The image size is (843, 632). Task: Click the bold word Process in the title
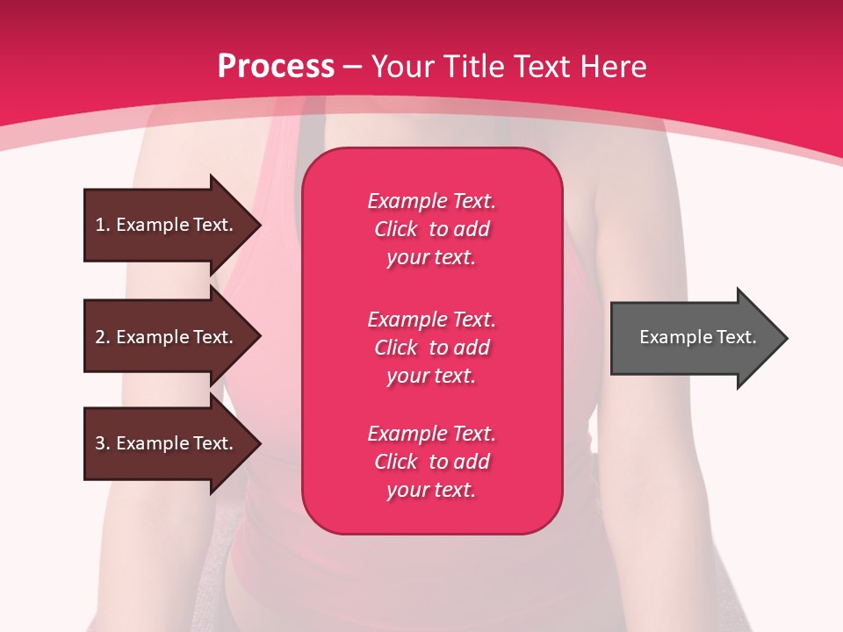click(x=276, y=67)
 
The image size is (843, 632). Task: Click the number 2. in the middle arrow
click(x=103, y=337)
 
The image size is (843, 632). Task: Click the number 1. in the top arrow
click(x=103, y=225)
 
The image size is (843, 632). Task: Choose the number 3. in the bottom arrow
click(x=103, y=443)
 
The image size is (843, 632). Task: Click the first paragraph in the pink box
click(x=431, y=229)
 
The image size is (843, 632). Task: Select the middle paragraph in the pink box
click(x=431, y=348)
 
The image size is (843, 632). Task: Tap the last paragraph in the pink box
click(x=431, y=462)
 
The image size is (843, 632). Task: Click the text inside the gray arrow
click(x=697, y=337)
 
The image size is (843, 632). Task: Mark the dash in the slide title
click(x=352, y=68)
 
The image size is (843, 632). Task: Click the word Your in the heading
click(x=402, y=67)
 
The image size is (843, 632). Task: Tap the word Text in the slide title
click(x=544, y=67)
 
